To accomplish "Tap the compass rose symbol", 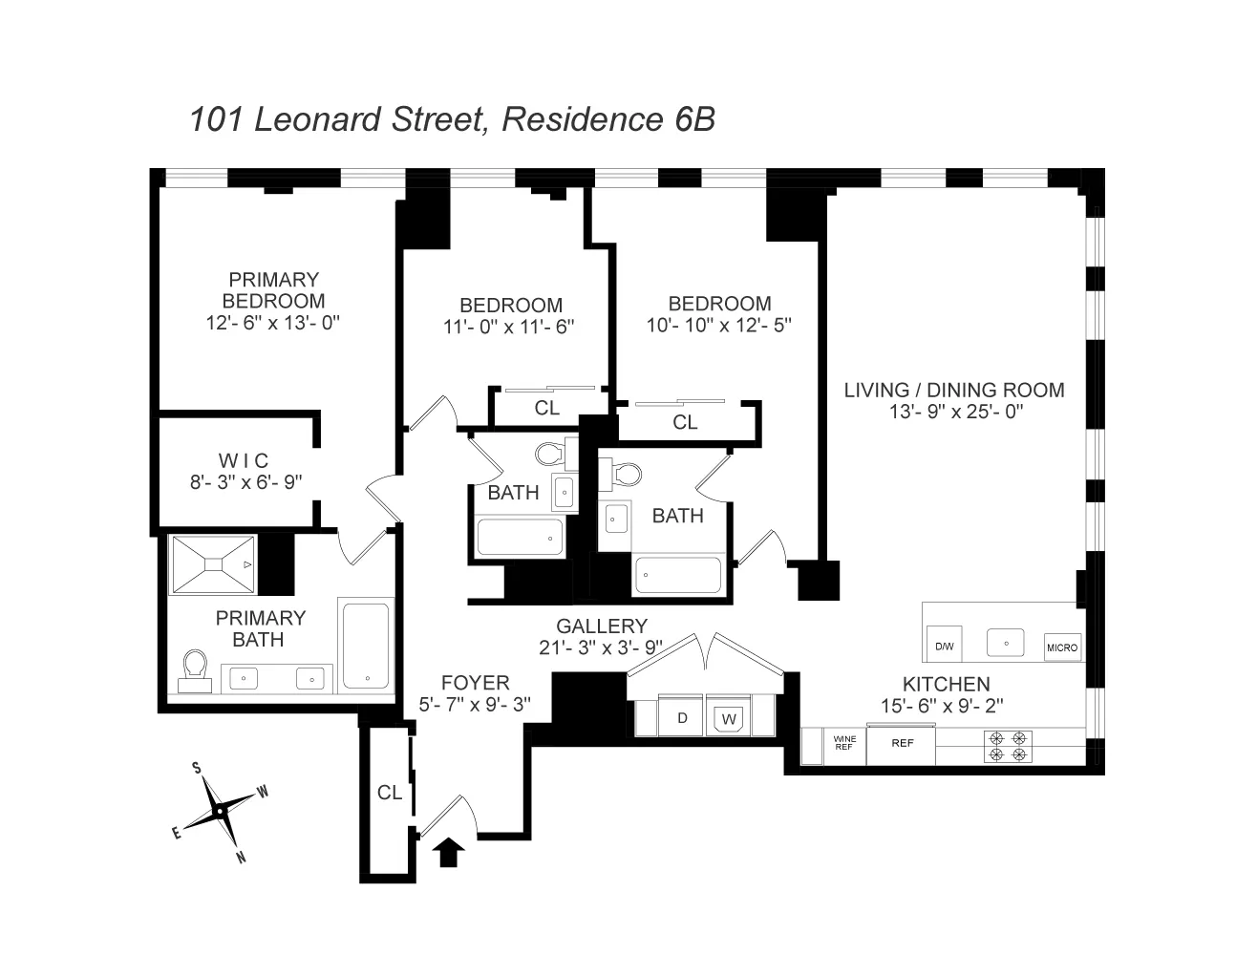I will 220,811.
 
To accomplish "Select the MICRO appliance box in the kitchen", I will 1062,647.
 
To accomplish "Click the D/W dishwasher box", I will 944,647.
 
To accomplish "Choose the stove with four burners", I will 1010,746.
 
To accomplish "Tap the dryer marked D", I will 682,718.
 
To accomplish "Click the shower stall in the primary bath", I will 214,564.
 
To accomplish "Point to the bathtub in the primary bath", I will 365,645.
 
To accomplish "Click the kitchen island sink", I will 1005,643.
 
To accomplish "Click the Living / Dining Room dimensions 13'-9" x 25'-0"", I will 953,412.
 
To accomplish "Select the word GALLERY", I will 602,626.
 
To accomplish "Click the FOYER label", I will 475,683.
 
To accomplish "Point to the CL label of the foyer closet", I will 389,793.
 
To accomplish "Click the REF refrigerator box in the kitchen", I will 902,743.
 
